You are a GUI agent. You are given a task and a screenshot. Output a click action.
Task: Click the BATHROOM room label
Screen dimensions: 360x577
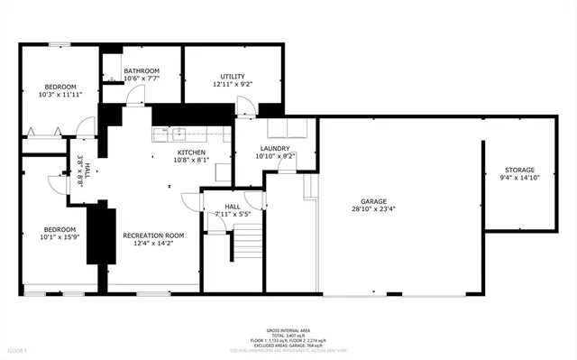142,71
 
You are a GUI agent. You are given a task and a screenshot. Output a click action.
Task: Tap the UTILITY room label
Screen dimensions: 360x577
233,76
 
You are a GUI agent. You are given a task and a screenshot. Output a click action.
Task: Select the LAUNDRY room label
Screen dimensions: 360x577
275,148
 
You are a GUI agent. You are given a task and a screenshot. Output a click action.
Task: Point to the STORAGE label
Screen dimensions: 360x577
519,170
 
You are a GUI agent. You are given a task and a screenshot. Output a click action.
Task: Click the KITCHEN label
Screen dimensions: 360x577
191,152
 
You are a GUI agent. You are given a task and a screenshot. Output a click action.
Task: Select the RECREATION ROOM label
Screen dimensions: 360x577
153,235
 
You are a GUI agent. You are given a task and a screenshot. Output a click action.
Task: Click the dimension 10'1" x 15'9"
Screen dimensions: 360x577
60,237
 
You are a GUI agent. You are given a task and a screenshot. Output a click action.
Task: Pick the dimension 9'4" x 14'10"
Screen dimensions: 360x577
519,178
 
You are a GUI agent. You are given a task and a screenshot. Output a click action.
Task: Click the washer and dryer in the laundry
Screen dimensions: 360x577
288,129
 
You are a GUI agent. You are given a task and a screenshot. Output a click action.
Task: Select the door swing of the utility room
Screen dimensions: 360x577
244,107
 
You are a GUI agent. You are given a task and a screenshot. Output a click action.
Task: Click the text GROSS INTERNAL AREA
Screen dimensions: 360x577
288,331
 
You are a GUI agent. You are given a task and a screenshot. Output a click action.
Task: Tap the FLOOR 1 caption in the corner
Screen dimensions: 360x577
18,349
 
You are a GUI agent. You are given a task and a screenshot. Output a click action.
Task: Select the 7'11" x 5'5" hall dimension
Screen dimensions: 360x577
239,215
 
